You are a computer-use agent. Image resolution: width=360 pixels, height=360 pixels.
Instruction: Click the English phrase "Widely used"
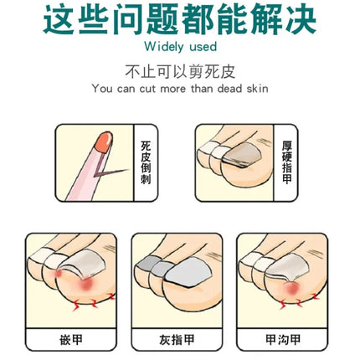181,47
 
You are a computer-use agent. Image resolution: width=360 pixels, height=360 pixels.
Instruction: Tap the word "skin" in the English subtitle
257,89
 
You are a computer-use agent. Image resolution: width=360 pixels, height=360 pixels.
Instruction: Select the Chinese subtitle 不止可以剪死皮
180,72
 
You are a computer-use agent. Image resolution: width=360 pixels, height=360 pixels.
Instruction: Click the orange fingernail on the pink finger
104,141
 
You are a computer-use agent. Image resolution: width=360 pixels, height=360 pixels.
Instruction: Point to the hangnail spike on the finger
111,172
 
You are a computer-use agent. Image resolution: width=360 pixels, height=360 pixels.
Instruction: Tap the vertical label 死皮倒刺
146,162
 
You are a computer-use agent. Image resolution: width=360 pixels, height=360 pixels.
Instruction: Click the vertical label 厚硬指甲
286,162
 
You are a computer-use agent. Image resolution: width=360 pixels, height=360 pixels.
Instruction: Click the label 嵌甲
71,340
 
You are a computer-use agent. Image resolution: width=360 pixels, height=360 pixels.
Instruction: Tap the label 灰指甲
177,340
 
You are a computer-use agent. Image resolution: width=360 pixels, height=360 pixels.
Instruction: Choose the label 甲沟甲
282,340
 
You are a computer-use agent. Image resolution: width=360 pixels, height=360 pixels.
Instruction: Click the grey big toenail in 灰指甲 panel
188,272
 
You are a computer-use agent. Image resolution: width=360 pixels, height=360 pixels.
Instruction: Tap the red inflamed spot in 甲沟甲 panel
291,289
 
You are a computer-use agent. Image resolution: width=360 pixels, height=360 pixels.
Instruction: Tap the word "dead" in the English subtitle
229,89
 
